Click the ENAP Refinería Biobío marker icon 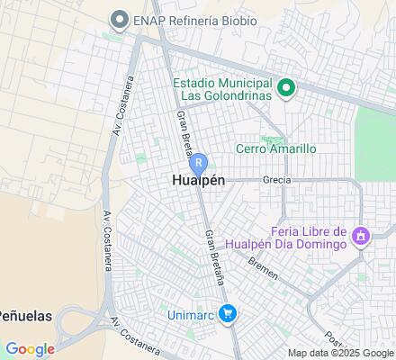tap(118, 20)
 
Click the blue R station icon tap(199, 164)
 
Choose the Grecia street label tap(276, 180)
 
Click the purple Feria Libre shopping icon tap(360, 237)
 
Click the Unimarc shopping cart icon tap(229, 313)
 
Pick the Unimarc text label tap(191, 313)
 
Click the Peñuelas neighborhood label tap(25, 316)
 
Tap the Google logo tap(29, 349)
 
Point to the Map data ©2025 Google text tap(340, 352)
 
